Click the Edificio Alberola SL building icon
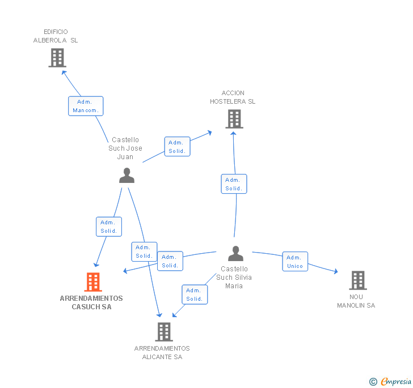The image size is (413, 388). (x=57, y=57)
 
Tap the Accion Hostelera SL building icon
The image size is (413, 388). (x=234, y=119)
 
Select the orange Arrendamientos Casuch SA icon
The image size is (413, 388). (x=93, y=282)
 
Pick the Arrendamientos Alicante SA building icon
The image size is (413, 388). (x=163, y=331)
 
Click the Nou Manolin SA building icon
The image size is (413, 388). (x=357, y=280)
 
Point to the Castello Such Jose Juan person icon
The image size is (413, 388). (x=127, y=176)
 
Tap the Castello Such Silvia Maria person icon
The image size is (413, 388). (x=235, y=253)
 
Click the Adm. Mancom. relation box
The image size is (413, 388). (x=86, y=106)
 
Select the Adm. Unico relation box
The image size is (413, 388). (x=295, y=262)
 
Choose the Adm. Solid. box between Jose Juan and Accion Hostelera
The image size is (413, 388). (x=177, y=147)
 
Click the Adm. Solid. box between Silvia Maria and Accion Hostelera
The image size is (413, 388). (x=234, y=184)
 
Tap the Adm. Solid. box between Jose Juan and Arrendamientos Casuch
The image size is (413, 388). (x=108, y=227)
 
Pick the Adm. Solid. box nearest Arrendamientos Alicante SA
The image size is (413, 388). (x=194, y=295)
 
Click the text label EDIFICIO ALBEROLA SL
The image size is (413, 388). (x=56, y=36)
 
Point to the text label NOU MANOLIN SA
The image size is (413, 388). (x=356, y=301)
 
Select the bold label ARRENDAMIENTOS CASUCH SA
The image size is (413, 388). (x=91, y=302)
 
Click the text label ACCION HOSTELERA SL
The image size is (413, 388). (x=233, y=97)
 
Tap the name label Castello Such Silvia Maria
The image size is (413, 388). (x=234, y=278)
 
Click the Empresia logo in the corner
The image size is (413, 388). (x=391, y=381)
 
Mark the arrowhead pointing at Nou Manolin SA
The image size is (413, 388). (x=336, y=272)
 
